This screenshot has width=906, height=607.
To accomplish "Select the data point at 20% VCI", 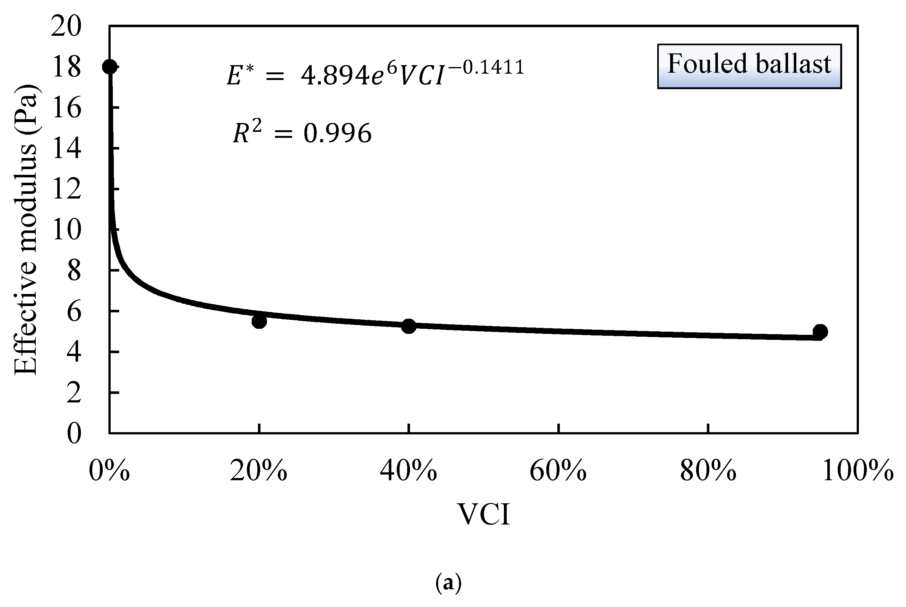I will click(259, 321).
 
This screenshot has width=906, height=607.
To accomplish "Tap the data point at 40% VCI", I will click(408, 326).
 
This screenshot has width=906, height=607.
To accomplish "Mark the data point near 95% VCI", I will click(820, 331).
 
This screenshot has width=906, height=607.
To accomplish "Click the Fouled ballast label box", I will click(749, 66).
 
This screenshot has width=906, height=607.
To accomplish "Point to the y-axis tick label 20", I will click(66, 27).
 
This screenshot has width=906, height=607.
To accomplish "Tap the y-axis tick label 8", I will click(74, 271).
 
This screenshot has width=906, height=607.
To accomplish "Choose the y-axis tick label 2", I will click(74, 393).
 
